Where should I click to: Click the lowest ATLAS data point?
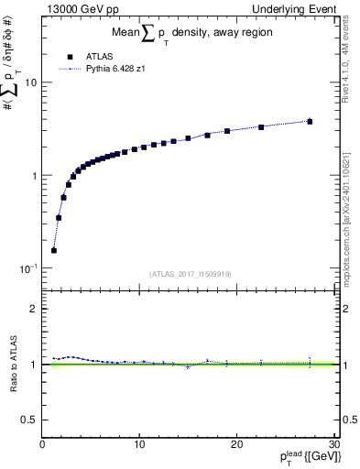54,250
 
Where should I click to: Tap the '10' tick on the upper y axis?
30,82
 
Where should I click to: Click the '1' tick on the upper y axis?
34,175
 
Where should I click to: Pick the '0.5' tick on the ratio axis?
29,420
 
